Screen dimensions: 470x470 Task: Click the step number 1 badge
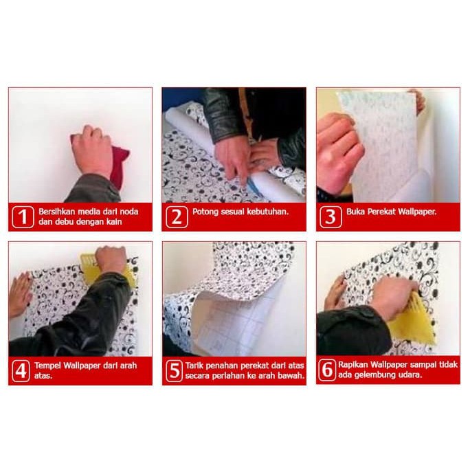tap(23, 216)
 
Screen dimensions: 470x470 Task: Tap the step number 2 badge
tap(177, 216)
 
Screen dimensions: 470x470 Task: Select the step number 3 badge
tap(331, 216)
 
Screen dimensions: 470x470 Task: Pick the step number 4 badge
tap(21, 371)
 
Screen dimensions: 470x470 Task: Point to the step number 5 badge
tap(174, 371)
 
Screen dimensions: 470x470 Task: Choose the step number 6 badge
tap(327, 370)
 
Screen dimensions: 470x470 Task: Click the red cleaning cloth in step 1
tap(118, 161)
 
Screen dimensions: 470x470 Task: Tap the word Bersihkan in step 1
tap(56, 212)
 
